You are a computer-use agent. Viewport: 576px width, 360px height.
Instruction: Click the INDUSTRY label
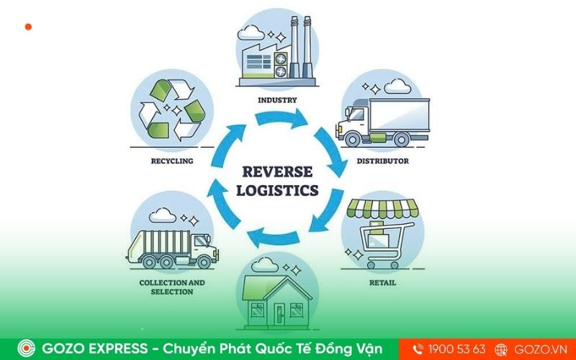pyautogui.click(x=277, y=99)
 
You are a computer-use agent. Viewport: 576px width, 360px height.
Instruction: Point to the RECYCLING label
pyautogui.click(x=171, y=161)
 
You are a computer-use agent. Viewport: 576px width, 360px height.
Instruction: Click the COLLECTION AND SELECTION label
pyautogui.click(x=172, y=287)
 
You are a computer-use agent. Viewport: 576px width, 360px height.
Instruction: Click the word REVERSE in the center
pyautogui.click(x=277, y=171)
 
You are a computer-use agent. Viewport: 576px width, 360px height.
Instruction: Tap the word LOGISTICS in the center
pyautogui.click(x=278, y=191)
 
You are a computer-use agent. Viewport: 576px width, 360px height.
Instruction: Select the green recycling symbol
pyautogui.click(x=171, y=109)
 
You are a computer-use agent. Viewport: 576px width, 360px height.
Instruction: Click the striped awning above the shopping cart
pyautogui.click(x=382, y=208)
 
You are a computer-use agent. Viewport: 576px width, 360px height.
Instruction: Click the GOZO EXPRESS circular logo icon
pyautogui.click(x=27, y=348)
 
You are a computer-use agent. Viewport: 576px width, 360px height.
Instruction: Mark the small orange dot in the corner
pyautogui.click(x=28, y=27)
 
